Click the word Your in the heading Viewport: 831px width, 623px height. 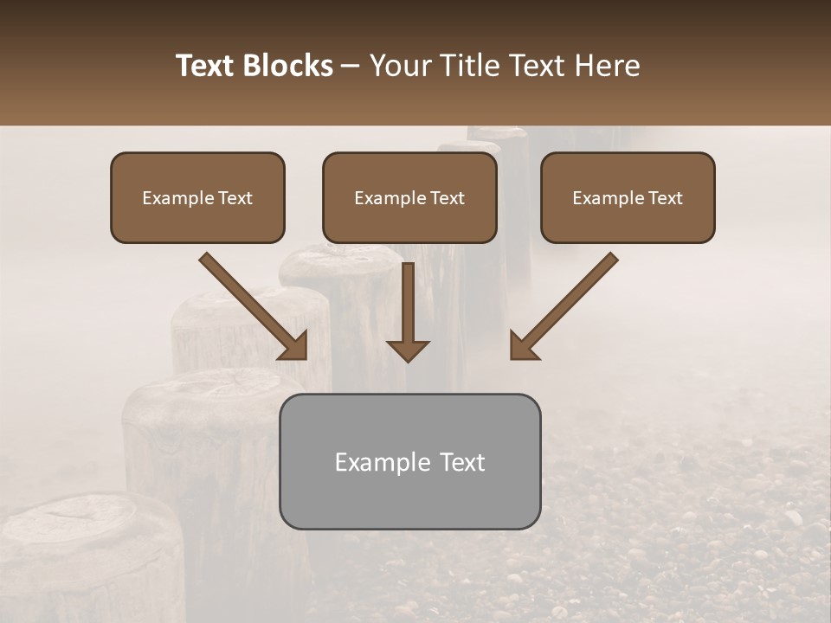click(x=394, y=66)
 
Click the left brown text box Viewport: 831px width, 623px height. click(x=197, y=197)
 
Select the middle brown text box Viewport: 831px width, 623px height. click(x=409, y=197)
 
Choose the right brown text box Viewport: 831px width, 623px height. click(x=628, y=197)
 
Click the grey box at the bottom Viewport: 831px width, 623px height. click(x=409, y=461)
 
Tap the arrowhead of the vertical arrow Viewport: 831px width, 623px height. click(x=408, y=350)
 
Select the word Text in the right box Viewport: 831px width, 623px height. click(x=665, y=198)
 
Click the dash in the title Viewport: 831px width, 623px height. click(x=351, y=66)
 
